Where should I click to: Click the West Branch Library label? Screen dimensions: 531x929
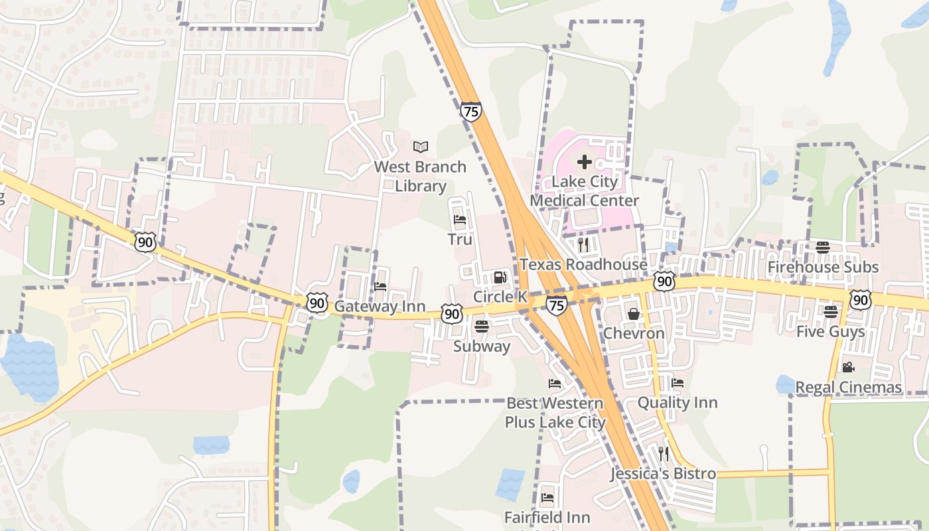point(420,177)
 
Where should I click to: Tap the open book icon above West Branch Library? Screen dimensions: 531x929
point(421,147)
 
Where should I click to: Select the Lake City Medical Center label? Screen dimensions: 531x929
point(584,191)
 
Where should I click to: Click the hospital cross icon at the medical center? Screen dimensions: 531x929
point(584,162)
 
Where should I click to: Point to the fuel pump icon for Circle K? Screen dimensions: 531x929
point(500,277)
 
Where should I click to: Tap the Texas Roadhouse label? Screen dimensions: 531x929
point(583,264)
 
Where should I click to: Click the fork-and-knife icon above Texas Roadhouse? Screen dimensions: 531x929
point(583,245)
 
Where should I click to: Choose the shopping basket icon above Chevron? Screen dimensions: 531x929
point(633,313)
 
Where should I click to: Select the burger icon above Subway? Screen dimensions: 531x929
point(482,327)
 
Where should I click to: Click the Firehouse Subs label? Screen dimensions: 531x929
point(823,267)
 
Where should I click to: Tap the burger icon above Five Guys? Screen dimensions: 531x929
point(830,311)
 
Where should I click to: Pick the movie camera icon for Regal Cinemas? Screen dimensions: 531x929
point(848,367)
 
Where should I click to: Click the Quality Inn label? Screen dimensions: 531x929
point(677,403)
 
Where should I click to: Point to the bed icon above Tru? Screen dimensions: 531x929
point(460,220)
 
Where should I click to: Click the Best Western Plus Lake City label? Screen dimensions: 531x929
point(555,413)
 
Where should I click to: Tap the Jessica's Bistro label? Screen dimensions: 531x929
point(663,474)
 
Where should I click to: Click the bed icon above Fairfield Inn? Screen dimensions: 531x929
point(547,497)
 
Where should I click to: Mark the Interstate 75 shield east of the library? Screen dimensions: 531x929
point(470,112)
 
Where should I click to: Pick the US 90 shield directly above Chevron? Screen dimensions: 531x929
point(664,281)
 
